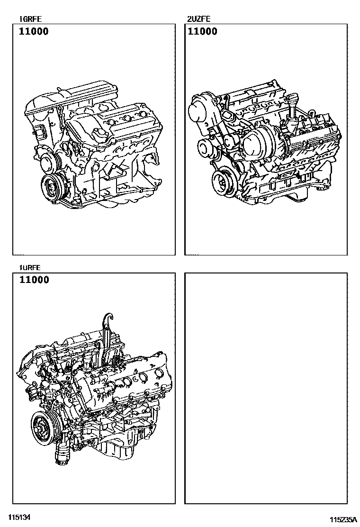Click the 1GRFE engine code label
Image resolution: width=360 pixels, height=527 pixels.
click(31, 19)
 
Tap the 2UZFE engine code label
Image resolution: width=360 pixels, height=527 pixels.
click(198, 19)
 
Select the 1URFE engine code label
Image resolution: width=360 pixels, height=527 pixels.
click(30, 268)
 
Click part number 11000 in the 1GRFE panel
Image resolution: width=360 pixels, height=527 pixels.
click(34, 32)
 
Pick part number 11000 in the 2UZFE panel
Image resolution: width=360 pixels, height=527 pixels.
click(203, 32)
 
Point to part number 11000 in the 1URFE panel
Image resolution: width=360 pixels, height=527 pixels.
click(34, 280)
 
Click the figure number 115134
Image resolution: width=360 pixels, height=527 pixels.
click(20, 516)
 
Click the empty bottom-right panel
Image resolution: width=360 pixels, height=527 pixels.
click(266, 388)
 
